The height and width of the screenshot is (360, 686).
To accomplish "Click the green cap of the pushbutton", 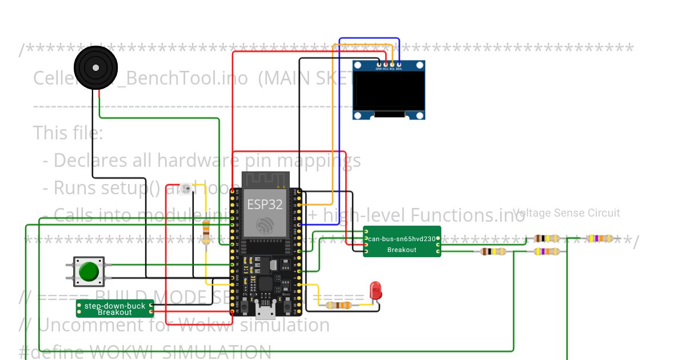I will (89, 271).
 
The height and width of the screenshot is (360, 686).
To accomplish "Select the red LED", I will (375, 290).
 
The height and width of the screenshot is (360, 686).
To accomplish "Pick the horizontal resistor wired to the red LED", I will (338, 306).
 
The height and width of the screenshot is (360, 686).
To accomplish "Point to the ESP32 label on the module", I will (265, 205).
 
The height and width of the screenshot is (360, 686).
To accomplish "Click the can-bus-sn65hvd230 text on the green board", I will (402, 239).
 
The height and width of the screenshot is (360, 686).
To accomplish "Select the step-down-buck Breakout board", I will (115, 309).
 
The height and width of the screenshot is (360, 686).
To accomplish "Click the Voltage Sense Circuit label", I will (566, 213).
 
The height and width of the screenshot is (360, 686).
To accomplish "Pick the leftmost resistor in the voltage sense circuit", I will (493, 251).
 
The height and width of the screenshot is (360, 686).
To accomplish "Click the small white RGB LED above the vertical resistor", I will (185, 189).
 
